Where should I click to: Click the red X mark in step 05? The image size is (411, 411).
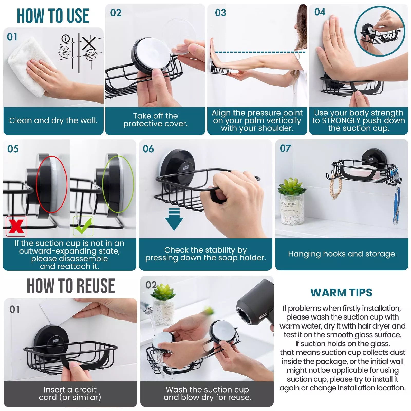(x=16, y=226)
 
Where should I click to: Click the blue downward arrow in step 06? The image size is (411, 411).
(x=174, y=220)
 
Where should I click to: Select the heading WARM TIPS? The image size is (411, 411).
(x=341, y=293)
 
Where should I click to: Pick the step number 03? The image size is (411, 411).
(x=220, y=13)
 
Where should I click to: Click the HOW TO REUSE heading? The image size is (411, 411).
(x=71, y=286)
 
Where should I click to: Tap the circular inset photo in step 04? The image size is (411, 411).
(x=380, y=31)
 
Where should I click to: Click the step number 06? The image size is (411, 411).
(x=148, y=149)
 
